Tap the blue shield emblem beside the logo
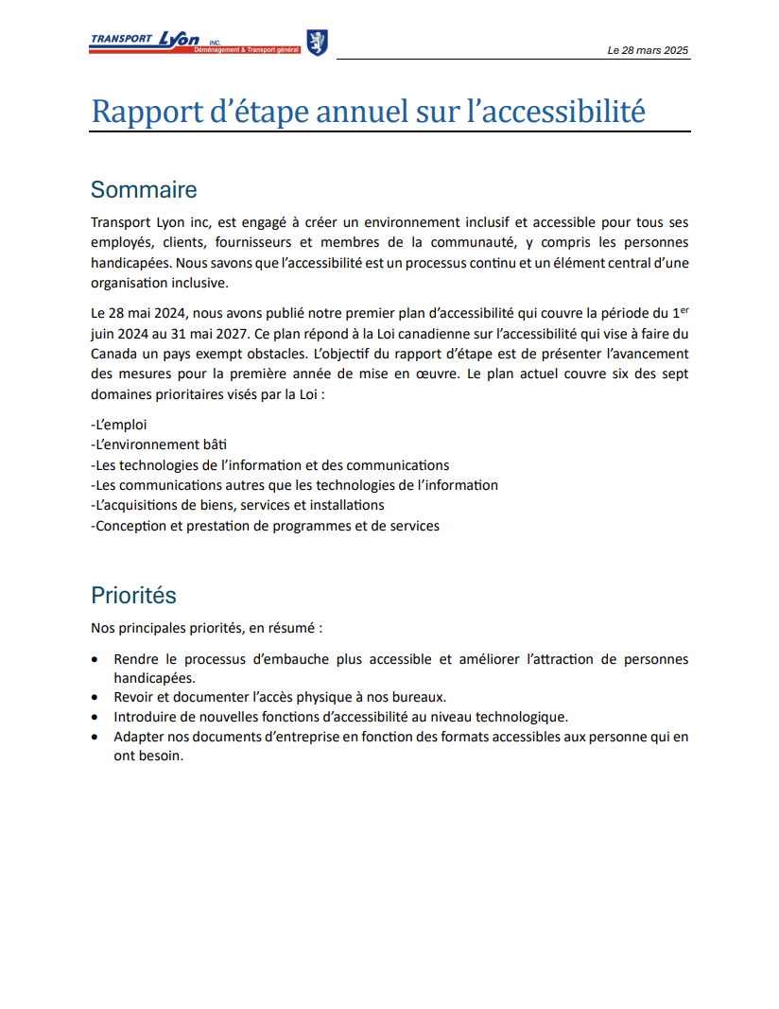tap(318, 42)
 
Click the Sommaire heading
tap(144, 189)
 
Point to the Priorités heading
tap(133, 595)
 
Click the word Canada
tap(114, 352)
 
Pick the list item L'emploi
tap(119, 425)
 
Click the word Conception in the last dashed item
tap(133, 525)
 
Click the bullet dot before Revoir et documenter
tap(95, 698)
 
